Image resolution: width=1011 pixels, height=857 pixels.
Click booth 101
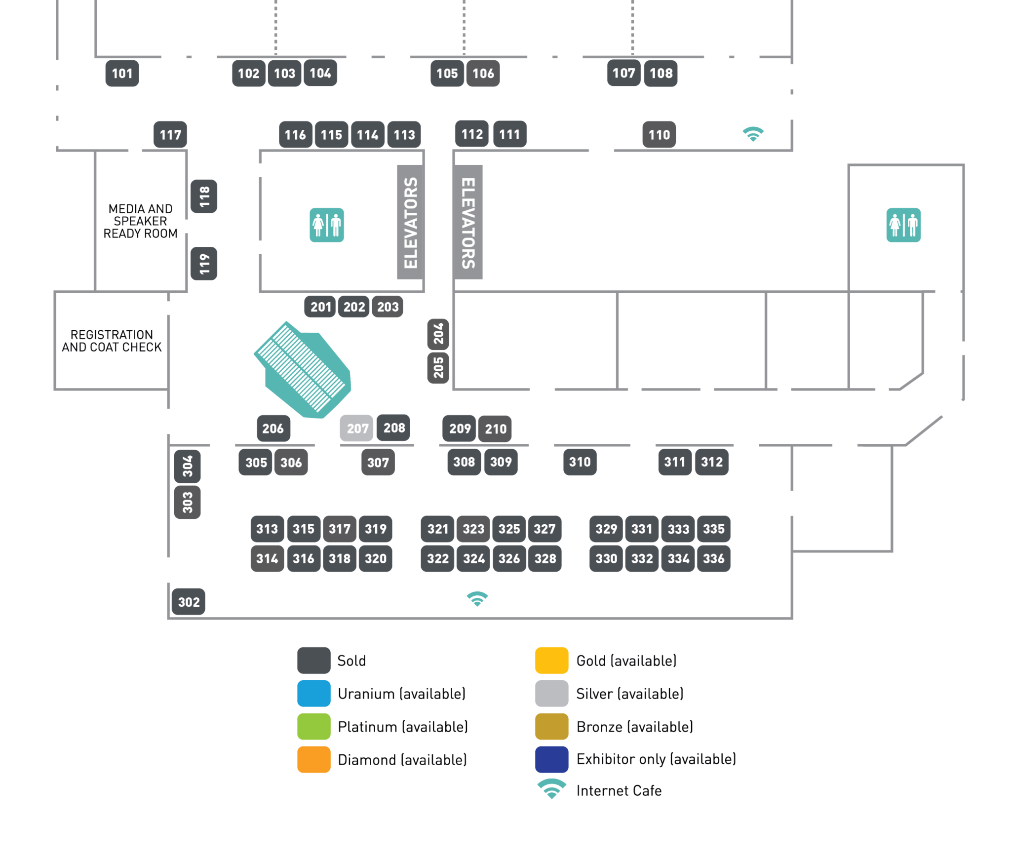(x=122, y=74)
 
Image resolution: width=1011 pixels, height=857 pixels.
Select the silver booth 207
(x=357, y=428)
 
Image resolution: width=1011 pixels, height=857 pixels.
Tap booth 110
(x=659, y=135)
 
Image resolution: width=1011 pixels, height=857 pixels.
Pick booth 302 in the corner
(x=189, y=602)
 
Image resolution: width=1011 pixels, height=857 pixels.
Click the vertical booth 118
(x=204, y=196)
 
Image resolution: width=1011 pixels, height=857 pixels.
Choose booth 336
(x=713, y=558)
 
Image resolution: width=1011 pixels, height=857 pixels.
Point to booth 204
(x=438, y=334)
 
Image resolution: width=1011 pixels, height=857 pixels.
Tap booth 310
(x=580, y=462)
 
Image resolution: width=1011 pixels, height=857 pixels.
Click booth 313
(x=267, y=529)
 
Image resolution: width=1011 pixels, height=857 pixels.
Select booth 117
(x=170, y=135)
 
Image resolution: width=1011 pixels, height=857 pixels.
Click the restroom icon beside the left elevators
(x=327, y=225)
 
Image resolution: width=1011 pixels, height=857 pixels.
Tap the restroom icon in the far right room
(x=903, y=225)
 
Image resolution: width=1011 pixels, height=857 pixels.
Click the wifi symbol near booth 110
(x=753, y=134)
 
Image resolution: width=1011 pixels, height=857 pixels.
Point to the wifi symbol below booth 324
(x=477, y=599)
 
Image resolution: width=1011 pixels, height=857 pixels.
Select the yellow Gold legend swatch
(x=551, y=661)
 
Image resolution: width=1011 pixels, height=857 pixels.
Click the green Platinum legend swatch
(x=314, y=727)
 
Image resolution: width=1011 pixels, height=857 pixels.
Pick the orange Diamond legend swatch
(x=314, y=759)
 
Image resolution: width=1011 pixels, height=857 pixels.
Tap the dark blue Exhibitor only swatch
(x=551, y=759)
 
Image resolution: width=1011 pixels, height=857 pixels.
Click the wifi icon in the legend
(x=551, y=789)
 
